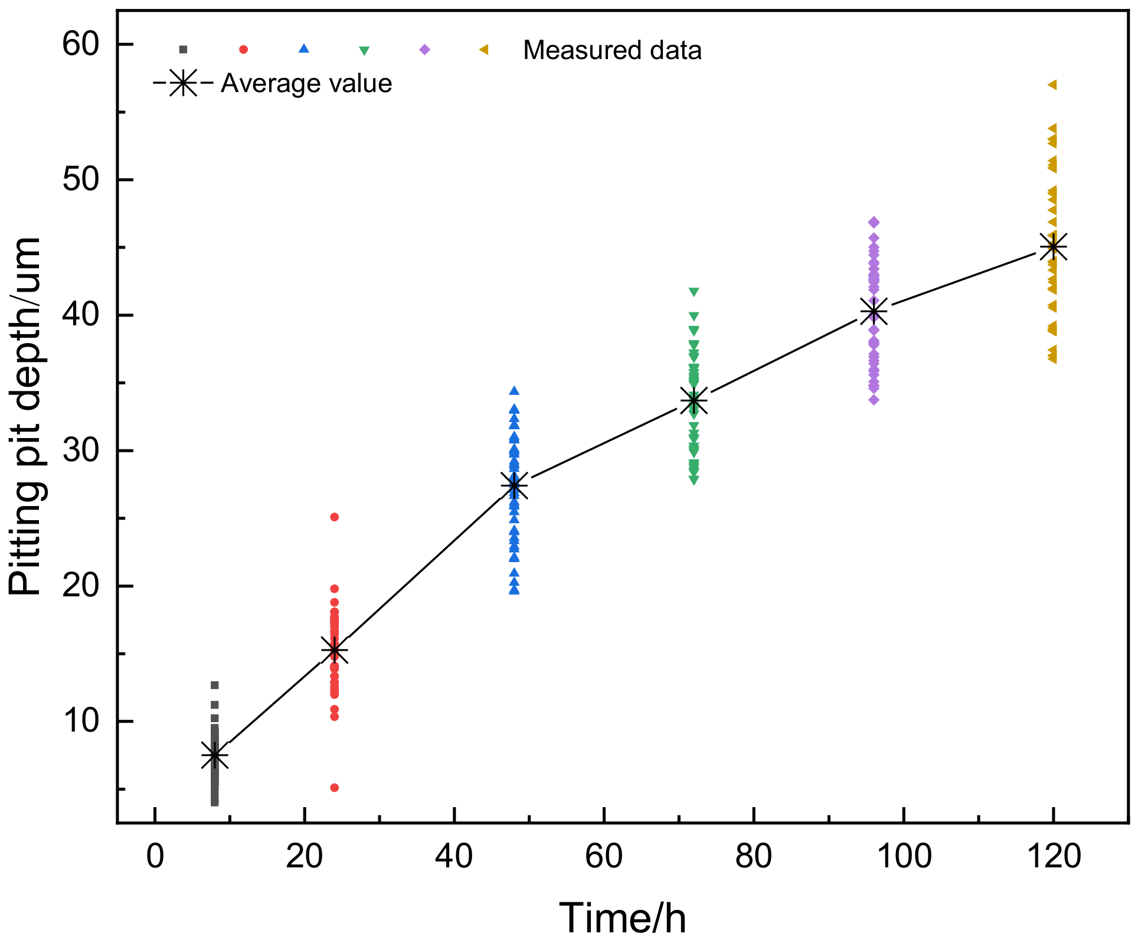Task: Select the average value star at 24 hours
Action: [x=334, y=650]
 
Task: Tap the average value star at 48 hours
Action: [x=514, y=485]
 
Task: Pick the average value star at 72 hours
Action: [x=694, y=401]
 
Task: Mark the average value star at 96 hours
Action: [x=874, y=311]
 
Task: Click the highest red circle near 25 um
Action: [x=334, y=517]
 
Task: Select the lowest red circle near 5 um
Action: [x=334, y=788]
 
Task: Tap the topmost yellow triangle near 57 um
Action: [x=1052, y=85]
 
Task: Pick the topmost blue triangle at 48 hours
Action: [x=514, y=391]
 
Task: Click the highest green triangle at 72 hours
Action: [x=694, y=292]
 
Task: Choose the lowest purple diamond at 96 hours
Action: [x=874, y=400]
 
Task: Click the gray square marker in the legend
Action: [x=183, y=50]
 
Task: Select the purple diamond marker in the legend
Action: [x=424, y=50]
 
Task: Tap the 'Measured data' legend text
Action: [x=612, y=50]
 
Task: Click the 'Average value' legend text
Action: [x=306, y=84]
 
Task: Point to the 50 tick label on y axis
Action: [x=80, y=179]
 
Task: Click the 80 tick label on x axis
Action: [x=754, y=856]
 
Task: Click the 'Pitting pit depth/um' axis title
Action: [x=25, y=416]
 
